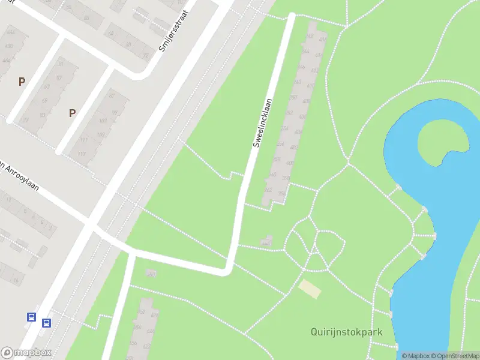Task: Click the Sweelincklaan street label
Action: click(x=262, y=123)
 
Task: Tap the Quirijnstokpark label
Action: click(x=347, y=332)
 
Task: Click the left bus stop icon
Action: click(x=32, y=317)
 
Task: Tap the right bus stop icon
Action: click(x=46, y=323)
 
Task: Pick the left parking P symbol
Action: click(x=22, y=82)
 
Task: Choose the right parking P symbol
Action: click(x=73, y=112)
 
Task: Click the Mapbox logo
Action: click(x=26, y=353)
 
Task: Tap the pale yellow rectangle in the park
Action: click(x=310, y=288)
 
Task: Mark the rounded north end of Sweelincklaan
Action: click(x=292, y=16)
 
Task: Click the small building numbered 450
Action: click(x=151, y=274)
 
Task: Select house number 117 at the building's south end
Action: click(x=81, y=154)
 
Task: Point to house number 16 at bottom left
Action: click(x=16, y=280)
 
